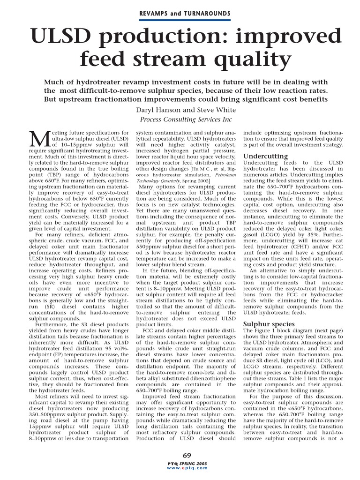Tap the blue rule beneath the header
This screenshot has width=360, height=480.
185,20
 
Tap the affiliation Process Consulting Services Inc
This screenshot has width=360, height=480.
186,120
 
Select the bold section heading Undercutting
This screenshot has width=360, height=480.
266,156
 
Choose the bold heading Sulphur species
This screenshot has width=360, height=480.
269,323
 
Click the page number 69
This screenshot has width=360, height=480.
187,454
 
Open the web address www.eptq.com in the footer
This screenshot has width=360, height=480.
187,468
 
